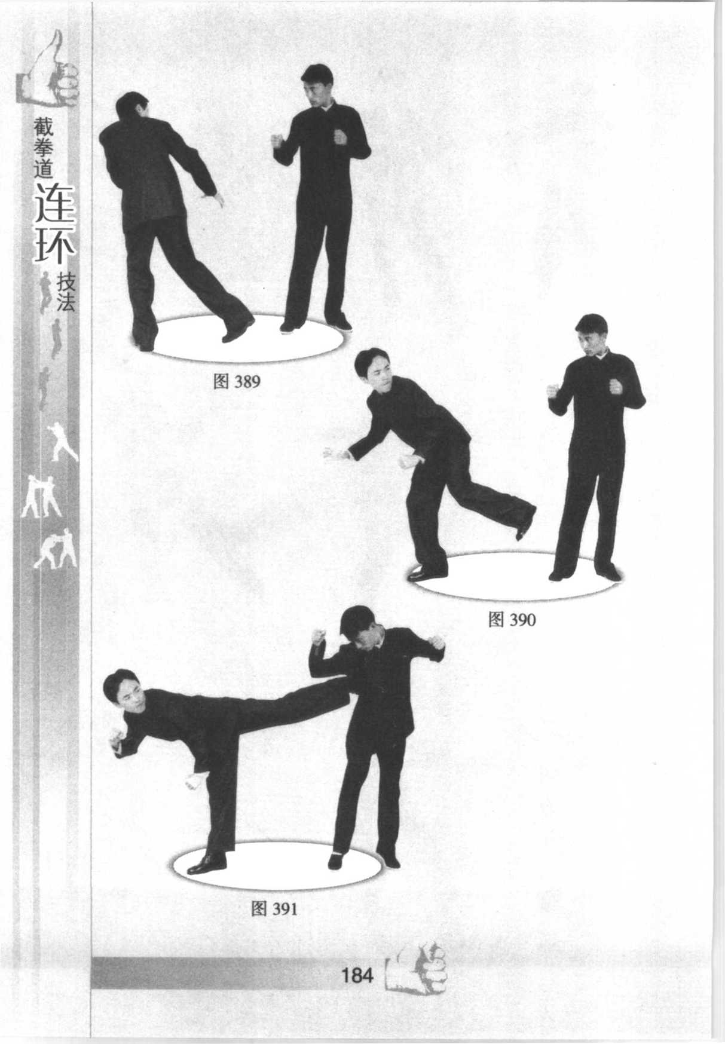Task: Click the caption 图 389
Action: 237,381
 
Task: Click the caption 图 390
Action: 512,620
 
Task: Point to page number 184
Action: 357,975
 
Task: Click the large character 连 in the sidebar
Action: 55,203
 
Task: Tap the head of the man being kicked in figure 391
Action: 359,630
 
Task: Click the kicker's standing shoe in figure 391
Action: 206,863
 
